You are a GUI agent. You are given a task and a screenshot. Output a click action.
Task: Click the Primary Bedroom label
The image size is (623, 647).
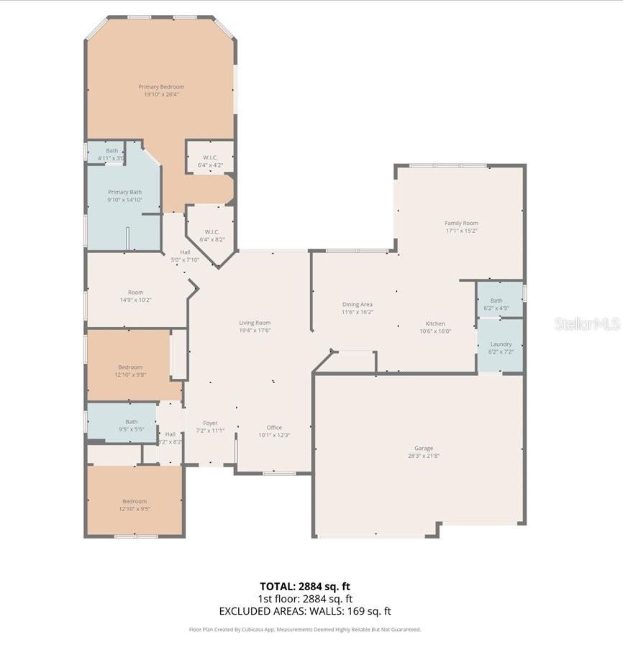161,87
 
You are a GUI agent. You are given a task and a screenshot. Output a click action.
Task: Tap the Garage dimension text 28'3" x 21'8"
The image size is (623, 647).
423,456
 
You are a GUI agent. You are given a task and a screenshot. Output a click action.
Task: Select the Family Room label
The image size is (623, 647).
461,224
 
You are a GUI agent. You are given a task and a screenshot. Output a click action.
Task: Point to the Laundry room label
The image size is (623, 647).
500,344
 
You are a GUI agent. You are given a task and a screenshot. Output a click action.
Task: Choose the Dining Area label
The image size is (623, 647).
357,305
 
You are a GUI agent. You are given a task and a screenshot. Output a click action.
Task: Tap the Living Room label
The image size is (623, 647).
255,323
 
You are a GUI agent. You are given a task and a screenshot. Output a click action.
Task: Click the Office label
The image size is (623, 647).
274,428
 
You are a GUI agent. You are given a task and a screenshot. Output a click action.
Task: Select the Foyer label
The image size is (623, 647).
210,423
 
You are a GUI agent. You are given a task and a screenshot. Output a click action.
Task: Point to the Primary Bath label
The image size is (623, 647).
124,192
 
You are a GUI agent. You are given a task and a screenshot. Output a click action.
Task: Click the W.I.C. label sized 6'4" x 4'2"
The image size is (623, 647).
210,157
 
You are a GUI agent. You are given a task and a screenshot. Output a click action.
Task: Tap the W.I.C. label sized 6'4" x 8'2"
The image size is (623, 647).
212,231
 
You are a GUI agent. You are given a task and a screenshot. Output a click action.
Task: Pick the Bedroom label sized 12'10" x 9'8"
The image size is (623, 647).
130,367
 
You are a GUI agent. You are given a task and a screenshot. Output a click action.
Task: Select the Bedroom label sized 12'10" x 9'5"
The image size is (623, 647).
135,502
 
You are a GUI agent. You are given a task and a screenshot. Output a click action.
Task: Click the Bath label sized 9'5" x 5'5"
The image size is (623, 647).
131,422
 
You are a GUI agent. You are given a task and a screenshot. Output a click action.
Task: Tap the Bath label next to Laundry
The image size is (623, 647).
496,300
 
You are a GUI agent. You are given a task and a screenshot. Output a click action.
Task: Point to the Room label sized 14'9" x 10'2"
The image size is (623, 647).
135,293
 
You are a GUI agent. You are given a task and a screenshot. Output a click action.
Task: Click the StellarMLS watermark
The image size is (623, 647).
587,323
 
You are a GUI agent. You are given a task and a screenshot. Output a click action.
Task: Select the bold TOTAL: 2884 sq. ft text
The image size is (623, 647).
305,587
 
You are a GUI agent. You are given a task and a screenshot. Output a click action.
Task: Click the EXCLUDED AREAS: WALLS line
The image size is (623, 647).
305,611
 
